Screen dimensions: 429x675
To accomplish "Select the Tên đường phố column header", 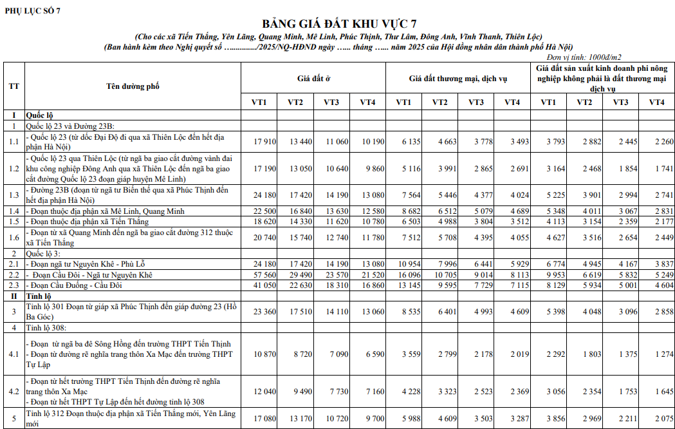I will pyautogui.click(x=133, y=86).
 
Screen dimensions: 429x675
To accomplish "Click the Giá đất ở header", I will pyautogui.click(x=313, y=79).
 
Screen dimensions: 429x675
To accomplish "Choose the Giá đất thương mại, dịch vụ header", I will pyautogui.click(x=458, y=79).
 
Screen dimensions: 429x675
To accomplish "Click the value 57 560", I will pyautogui.click(x=265, y=275).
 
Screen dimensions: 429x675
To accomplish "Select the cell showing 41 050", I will pyautogui.click(x=265, y=285).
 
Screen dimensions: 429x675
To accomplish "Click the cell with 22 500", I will pyautogui.click(x=265, y=211).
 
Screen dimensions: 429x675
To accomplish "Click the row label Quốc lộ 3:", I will pyautogui.click(x=46, y=254).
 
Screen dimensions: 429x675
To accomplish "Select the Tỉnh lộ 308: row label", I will pyautogui.click(x=49, y=327).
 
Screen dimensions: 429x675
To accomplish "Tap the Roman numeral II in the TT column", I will pyautogui.click(x=14, y=296).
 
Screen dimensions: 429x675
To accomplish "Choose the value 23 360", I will pyautogui.click(x=265, y=312).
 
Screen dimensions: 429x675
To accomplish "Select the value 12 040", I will pyautogui.click(x=265, y=391).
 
